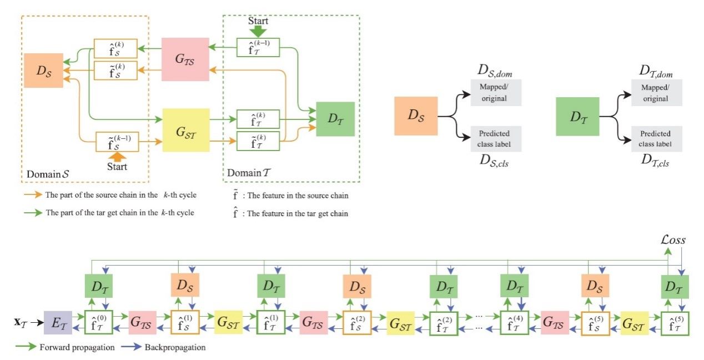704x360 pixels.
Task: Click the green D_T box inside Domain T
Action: coord(335,119)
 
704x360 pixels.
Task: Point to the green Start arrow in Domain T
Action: coord(258,27)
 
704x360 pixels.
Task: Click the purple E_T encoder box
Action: coord(58,323)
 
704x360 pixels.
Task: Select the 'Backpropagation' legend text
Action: coord(175,348)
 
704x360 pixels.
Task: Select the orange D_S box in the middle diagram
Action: coord(416,116)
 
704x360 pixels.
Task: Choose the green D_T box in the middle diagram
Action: coord(577,116)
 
